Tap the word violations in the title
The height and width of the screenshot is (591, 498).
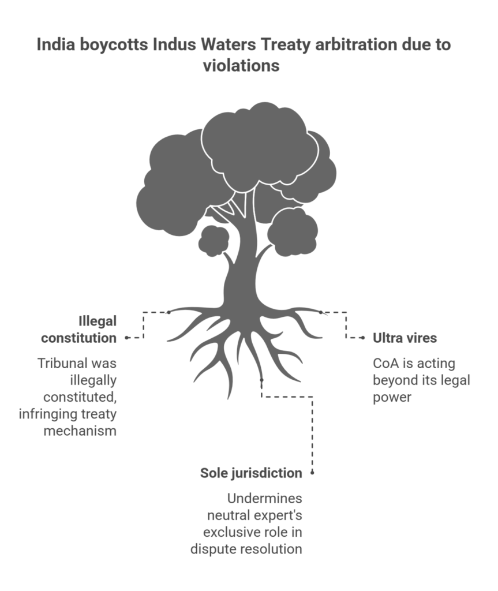[241, 66]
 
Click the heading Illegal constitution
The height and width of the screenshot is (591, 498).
[87, 329]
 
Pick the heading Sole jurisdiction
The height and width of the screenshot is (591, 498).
[251, 473]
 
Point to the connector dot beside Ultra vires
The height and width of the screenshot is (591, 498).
[362, 338]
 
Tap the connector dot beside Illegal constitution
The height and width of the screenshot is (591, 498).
[126, 338]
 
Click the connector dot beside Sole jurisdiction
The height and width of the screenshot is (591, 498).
[312, 473]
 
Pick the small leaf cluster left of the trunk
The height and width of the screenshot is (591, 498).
[214, 241]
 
